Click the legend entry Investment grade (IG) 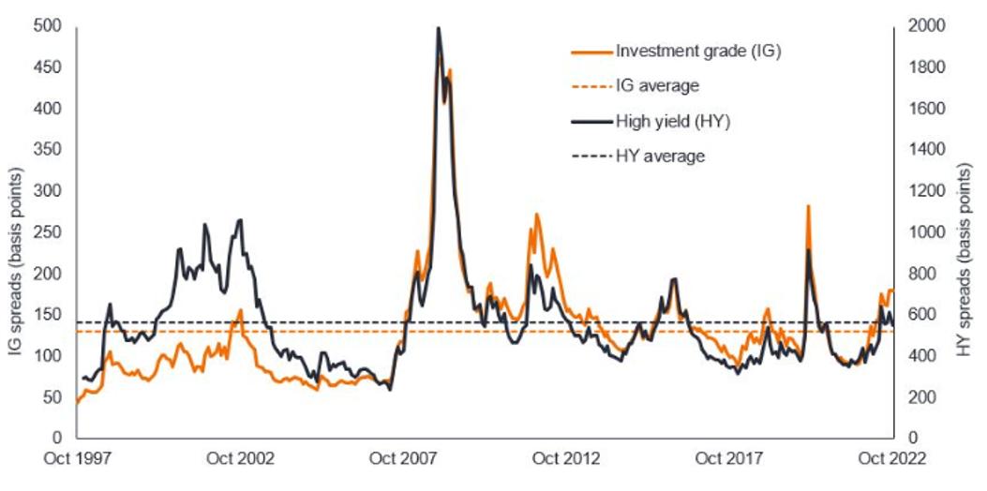tap(698, 51)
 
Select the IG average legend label tap(657, 85)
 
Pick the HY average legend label tap(659, 156)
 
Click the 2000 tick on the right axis tap(925, 26)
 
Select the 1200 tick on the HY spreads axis tap(925, 191)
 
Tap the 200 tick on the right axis tap(921, 397)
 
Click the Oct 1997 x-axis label tap(77, 459)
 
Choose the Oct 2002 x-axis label tap(240, 459)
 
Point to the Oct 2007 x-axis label tap(403, 459)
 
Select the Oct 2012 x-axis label tap(565, 459)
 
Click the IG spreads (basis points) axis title tap(16, 232)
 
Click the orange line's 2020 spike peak tap(808, 206)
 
